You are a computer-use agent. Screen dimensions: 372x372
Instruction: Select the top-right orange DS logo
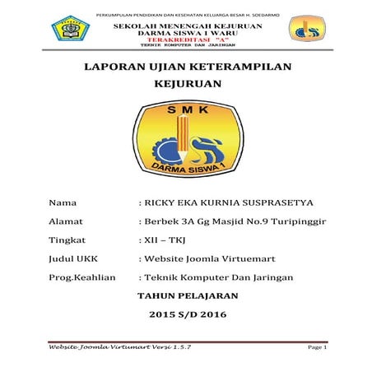coord(305,30)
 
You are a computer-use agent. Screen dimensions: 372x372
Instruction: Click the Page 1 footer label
coord(316,349)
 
